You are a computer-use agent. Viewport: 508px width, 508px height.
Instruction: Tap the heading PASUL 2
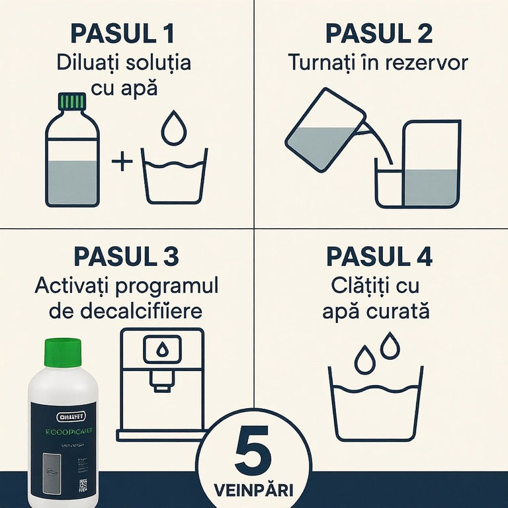pyautogui.click(x=379, y=33)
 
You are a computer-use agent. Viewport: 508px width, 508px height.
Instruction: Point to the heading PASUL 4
pyautogui.click(x=379, y=257)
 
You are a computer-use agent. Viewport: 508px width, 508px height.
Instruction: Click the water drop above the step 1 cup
pyautogui.click(x=174, y=128)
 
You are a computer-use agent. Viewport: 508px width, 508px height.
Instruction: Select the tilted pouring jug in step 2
pyautogui.click(x=324, y=131)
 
